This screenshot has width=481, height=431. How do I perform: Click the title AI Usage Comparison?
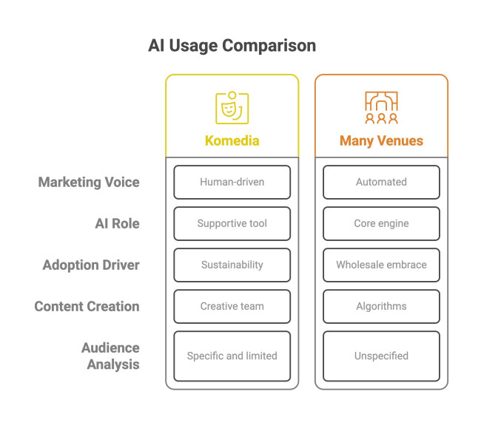tap(232, 46)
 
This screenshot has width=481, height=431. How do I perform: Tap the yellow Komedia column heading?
tap(232, 140)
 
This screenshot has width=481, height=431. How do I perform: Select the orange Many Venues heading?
tap(381, 140)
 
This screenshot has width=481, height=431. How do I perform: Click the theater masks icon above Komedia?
tap(232, 108)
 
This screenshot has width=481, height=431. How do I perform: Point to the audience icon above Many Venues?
tap(381, 108)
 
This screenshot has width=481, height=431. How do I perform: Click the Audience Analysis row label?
tap(110, 356)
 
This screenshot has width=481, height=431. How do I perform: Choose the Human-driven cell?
tap(232, 182)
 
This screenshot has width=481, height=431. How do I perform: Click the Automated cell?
tap(381, 182)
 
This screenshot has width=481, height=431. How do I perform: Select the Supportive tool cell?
tap(232, 223)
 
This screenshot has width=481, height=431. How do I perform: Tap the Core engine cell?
tap(381, 223)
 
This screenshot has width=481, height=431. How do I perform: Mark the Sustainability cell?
tap(232, 265)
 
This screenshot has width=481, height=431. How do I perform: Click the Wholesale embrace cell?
tap(381, 265)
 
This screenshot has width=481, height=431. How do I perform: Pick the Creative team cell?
tap(232, 306)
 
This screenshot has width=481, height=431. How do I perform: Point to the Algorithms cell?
tap(381, 306)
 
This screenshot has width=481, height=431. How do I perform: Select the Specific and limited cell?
tap(232, 356)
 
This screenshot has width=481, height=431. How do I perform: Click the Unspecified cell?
tap(381, 356)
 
